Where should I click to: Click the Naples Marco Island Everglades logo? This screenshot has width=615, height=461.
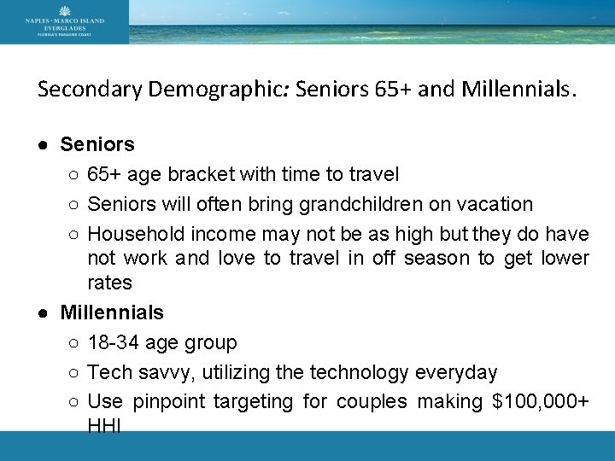coord(64,21)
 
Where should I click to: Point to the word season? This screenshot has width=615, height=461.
coord(437,258)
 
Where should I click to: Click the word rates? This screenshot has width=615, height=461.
coord(109,283)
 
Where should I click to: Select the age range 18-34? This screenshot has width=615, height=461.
coord(116,343)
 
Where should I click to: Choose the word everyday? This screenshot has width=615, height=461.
coord(455,373)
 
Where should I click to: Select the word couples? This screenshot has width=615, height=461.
coord(372,401)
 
